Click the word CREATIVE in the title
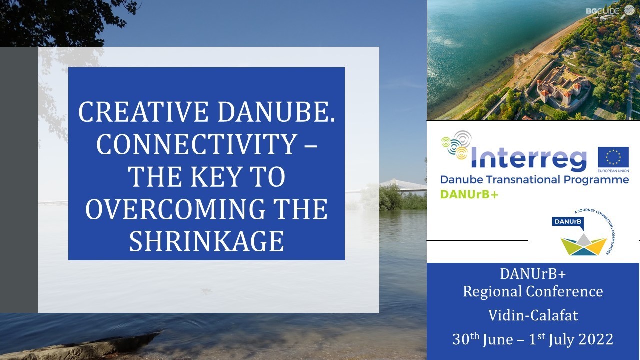tap(143, 112)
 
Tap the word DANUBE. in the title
tap(276, 112)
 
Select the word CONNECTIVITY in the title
tap(197, 144)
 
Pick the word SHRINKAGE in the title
tap(207, 241)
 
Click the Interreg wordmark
tap(528, 157)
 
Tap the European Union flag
tap(613, 157)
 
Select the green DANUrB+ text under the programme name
tap(469, 194)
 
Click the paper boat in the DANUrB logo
tap(583, 245)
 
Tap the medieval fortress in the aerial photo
tap(560, 87)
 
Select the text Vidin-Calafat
tap(533, 315)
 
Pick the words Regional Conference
tap(533, 291)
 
